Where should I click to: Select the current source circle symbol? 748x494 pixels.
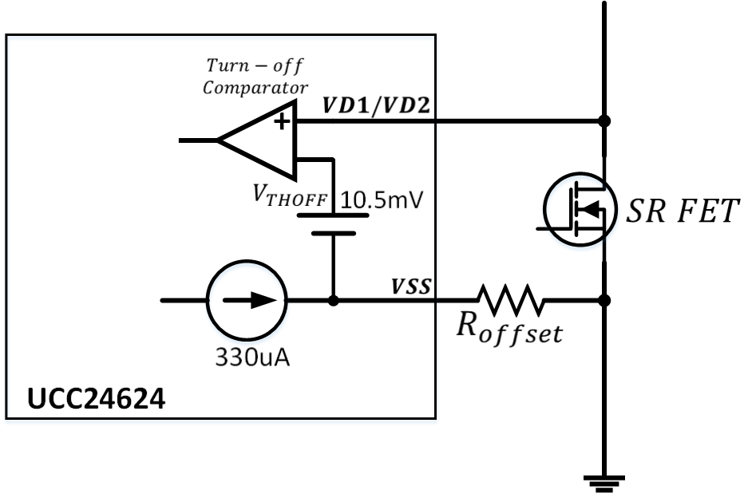[246, 301]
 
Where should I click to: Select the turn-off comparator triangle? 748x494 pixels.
[259, 140]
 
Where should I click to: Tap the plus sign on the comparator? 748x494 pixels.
[281, 121]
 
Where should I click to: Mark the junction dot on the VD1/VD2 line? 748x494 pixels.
[604, 122]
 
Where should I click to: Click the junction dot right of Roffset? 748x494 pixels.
[604, 301]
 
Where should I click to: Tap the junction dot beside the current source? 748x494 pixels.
[333, 301]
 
